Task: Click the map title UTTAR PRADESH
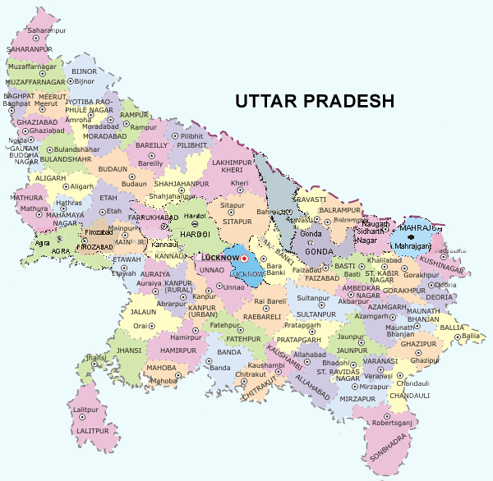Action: [x=315, y=101]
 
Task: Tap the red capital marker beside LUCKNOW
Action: [x=244, y=259]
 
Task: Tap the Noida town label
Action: [x=16, y=140]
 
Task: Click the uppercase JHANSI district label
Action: [x=127, y=350]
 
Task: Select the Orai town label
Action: [x=141, y=326]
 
